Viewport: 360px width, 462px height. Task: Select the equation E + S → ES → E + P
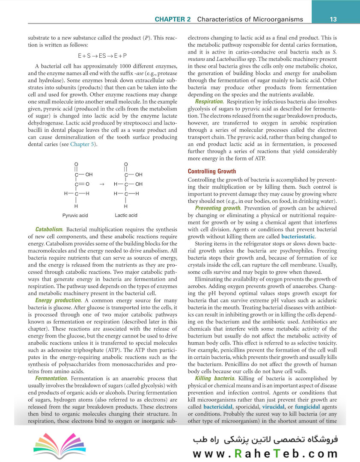(102, 56)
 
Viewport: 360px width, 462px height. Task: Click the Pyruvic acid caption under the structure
(75, 215)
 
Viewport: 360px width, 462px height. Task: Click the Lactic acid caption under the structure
(126, 215)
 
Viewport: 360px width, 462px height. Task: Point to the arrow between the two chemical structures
(101, 184)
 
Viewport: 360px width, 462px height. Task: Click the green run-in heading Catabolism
(50, 229)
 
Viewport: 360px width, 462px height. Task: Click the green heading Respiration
(209, 101)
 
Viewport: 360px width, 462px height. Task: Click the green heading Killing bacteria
(215, 379)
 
